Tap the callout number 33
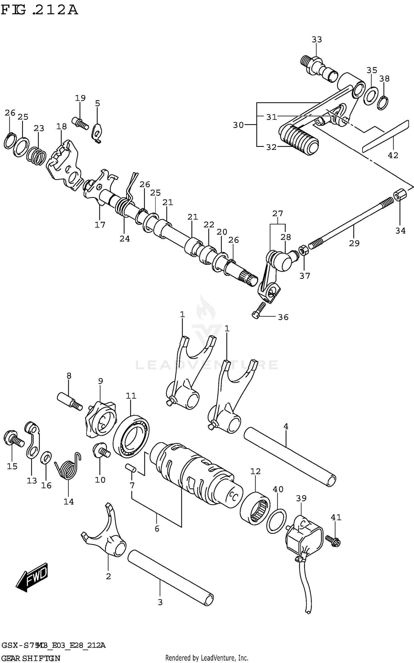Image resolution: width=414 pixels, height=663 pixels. click(x=317, y=40)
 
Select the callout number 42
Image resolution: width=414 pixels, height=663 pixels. click(x=393, y=155)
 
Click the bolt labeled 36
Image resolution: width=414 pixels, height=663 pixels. click(x=259, y=310)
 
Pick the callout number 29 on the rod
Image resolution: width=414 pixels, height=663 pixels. click(x=354, y=243)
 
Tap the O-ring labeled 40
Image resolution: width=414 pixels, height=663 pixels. click(x=277, y=521)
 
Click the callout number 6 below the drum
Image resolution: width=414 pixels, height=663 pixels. click(x=157, y=529)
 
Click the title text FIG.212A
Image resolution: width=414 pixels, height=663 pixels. click(x=39, y=10)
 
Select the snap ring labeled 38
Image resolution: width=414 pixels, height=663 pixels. click(x=383, y=103)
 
